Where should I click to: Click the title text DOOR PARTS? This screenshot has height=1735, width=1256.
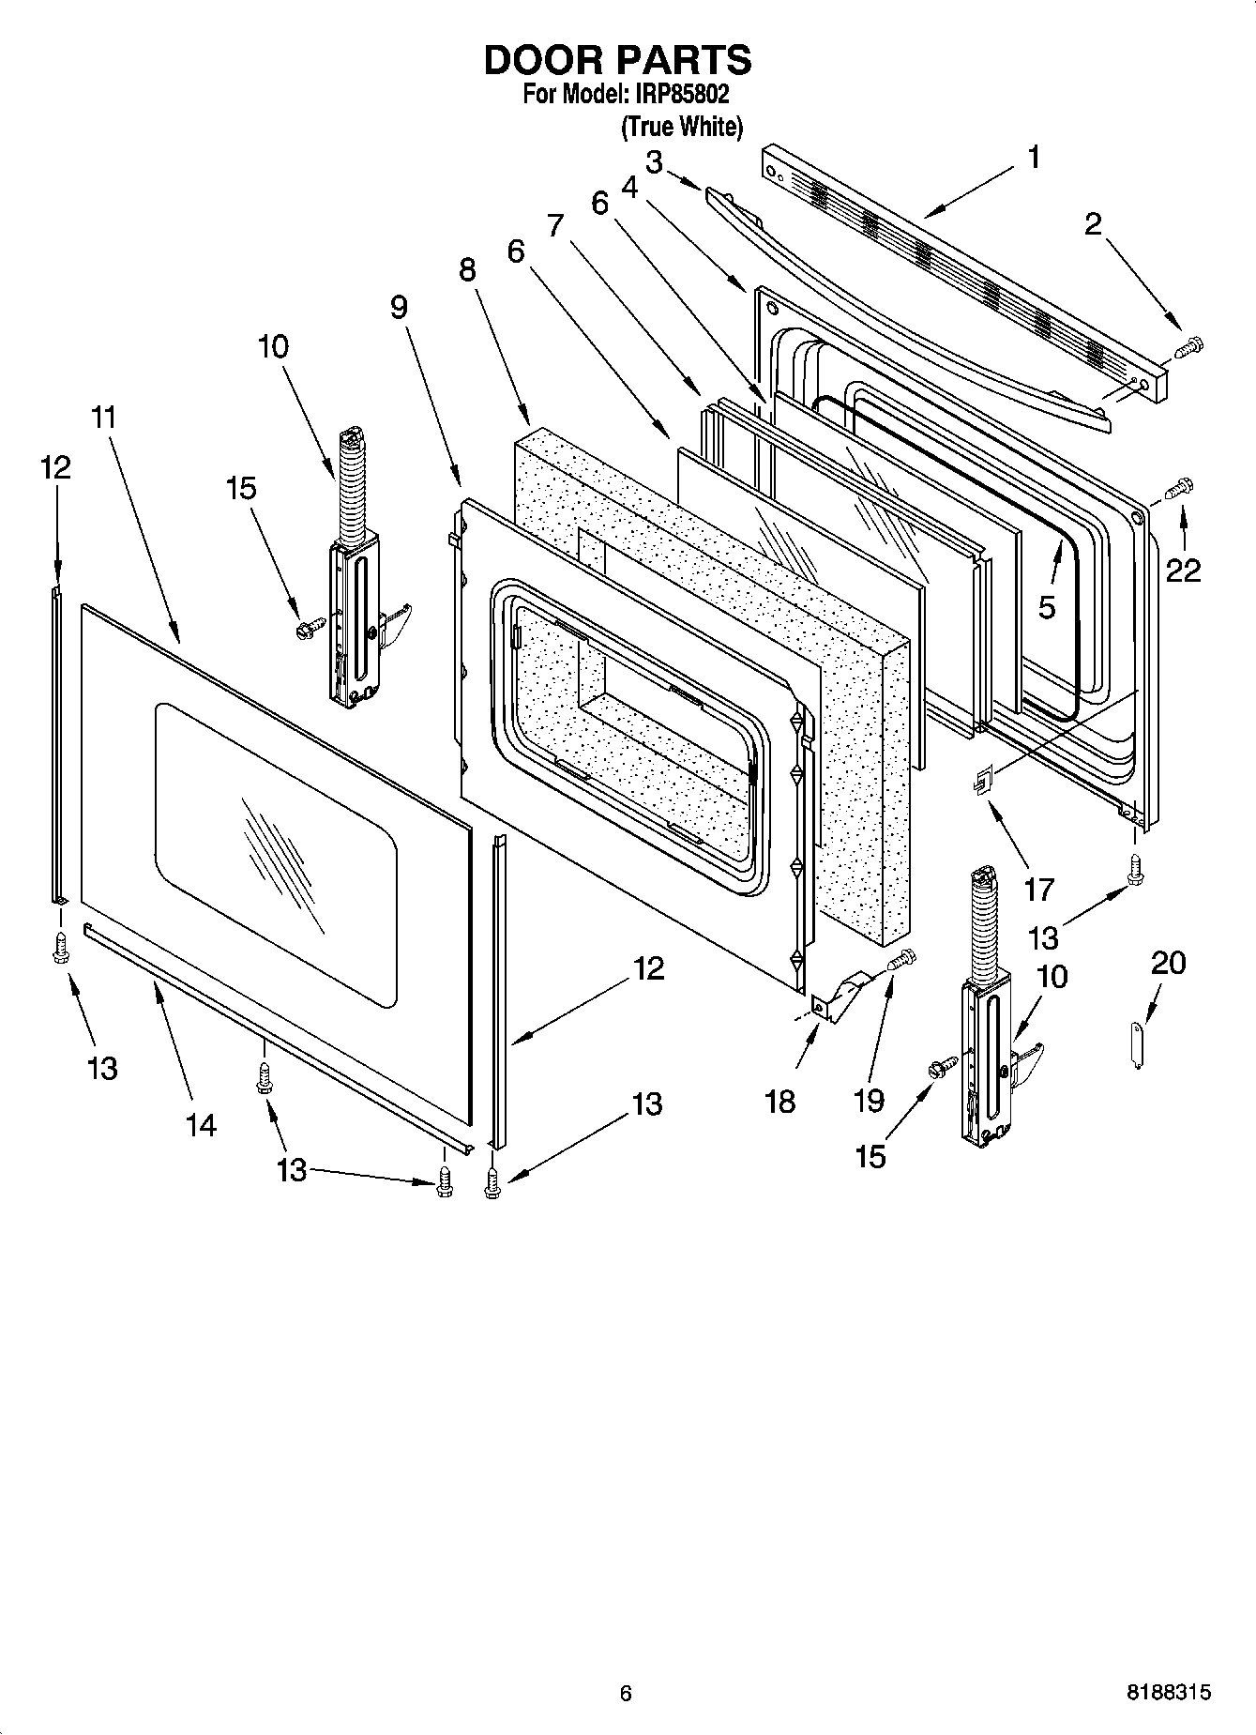click(617, 59)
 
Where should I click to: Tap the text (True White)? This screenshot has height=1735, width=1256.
click(682, 127)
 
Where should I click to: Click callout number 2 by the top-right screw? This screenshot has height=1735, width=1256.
click(1093, 224)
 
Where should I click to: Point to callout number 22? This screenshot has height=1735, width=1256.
click(1182, 570)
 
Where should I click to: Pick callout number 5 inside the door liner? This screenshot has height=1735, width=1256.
click(1047, 607)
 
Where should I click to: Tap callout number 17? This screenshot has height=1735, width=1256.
click(1038, 888)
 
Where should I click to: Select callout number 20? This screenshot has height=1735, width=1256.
click(1168, 963)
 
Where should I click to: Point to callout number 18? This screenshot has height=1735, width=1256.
click(779, 1101)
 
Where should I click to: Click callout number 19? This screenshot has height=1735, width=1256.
click(869, 1101)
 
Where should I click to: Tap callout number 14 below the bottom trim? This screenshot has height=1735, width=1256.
click(201, 1124)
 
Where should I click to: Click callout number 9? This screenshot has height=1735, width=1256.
click(399, 307)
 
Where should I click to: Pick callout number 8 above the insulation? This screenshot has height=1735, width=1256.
click(467, 269)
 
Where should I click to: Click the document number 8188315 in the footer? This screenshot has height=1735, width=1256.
click(1168, 1693)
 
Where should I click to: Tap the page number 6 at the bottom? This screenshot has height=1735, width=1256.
click(626, 1693)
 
